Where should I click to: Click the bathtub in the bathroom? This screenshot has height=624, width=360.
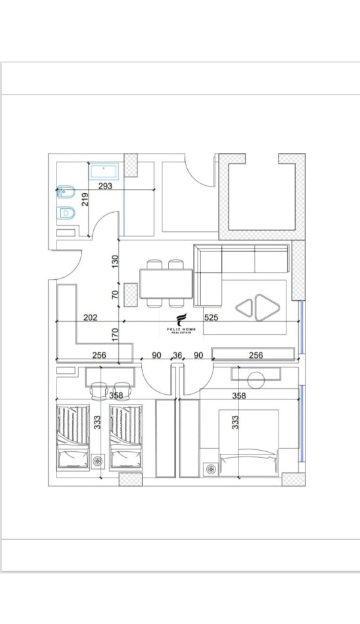pyautogui.click(x=103, y=171)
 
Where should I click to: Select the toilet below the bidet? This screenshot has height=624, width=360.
pyautogui.click(x=65, y=213)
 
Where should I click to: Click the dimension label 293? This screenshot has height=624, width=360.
pyautogui.click(x=105, y=186)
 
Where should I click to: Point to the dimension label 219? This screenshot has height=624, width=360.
pyautogui.click(x=85, y=199)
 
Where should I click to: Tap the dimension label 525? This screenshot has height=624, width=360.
pyautogui.click(x=211, y=317)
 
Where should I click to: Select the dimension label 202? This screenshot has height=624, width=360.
pyautogui.click(x=91, y=317)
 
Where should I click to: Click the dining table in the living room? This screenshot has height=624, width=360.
pyautogui.click(x=166, y=284)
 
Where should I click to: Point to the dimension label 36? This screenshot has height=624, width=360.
pyautogui.click(x=177, y=355)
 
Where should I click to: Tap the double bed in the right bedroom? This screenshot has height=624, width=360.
pyautogui.click(x=249, y=443)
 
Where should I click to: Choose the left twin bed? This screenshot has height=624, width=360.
pyautogui.click(x=72, y=437)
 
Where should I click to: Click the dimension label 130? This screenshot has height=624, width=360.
pyautogui.click(x=116, y=261)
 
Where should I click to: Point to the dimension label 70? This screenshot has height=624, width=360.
pyautogui.click(x=116, y=295)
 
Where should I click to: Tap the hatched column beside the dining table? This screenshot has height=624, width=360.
pyautogui.click(x=130, y=296)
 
